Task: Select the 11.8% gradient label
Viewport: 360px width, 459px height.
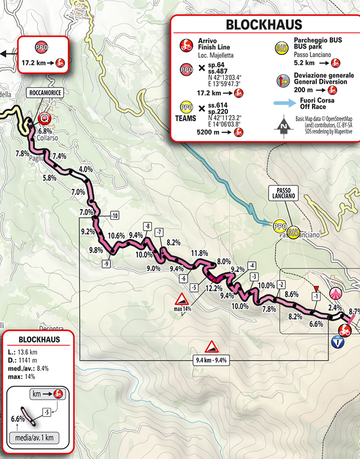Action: (199, 253)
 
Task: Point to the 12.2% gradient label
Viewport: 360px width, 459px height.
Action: (213, 288)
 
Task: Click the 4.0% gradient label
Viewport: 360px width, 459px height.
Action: (85, 169)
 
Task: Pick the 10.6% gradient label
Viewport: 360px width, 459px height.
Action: (116, 235)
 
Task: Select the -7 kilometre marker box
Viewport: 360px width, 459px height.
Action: (158, 232)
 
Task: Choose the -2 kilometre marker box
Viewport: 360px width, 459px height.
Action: (281, 285)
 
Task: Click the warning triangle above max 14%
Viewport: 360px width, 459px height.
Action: (182, 299)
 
